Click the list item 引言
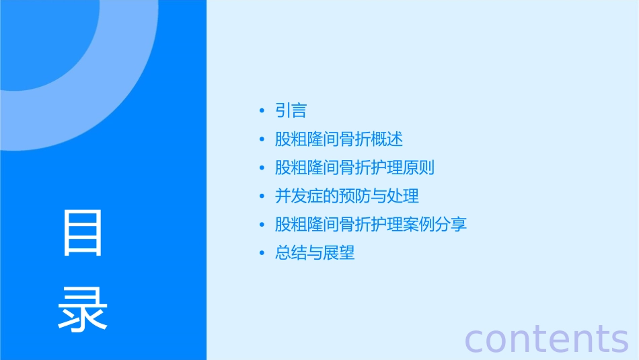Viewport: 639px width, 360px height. pos(291,110)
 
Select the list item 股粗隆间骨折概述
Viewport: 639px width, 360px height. pos(339,139)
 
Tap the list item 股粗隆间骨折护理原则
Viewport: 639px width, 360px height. pos(354,168)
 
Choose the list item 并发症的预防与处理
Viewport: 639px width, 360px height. pos(347,196)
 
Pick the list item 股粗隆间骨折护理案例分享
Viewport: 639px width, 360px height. pos(371,224)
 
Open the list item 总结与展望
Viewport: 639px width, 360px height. pos(315,253)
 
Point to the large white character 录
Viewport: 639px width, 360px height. pos(83,310)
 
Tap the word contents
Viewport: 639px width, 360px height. pos(546,338)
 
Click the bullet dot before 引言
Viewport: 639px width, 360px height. pos(262,111)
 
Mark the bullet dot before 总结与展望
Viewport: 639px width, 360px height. pos(262,254)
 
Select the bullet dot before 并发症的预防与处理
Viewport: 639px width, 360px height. pos(262,196)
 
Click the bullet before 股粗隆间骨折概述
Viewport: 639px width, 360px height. pos(262,140)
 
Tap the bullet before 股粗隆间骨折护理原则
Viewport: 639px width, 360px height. pos(262,168)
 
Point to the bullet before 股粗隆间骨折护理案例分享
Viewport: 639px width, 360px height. pos(262,225)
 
